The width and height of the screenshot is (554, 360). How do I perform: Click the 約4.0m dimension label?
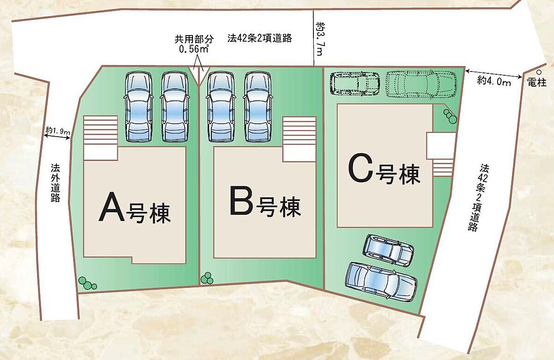(x=494, y=82)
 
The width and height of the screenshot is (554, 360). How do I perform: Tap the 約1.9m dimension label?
(x=58, y=132)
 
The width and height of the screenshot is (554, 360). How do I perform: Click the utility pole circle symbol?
(x=539, y=72)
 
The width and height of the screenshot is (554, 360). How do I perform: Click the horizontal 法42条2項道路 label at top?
(x=259, y=38)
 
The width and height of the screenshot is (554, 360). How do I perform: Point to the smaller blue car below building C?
(x=388, y=250)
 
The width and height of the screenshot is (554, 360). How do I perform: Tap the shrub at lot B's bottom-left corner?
(x=207, y=278)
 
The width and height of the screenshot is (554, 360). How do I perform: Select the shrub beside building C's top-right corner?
(x=450, y=116)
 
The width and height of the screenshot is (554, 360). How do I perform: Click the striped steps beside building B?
(x=299, y=132)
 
